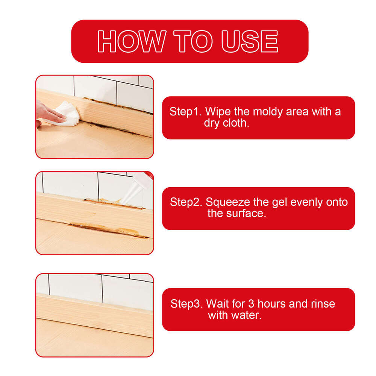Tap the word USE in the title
[x=250, y=41]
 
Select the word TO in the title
[x=193, y=41]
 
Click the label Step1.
[x=186, y=112]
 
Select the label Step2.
[x=186, y=202]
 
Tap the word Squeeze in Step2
[x=227, y=202]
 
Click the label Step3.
[x=186, y=303]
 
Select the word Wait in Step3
[x=220, y=303]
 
